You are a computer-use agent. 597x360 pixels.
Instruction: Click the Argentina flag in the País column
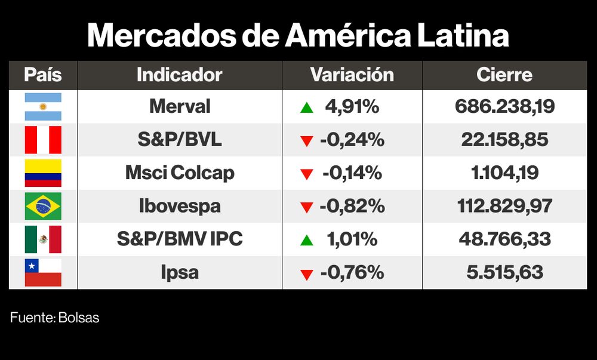click(42, 107)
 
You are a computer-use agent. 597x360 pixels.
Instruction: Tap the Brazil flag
click(42, 207)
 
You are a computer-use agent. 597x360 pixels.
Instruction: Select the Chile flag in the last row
click(42, 273)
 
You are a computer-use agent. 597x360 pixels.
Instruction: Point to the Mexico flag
click(42, 239)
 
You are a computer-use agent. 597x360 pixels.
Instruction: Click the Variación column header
click(352, 75)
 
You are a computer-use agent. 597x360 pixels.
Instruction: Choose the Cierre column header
click(504, 75)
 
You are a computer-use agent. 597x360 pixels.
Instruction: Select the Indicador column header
click(179, 75)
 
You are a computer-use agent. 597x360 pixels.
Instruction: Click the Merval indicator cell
click(180, 107)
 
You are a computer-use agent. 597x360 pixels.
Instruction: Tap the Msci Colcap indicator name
click(180, 173)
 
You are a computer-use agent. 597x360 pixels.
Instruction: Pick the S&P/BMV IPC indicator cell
click(180, 239)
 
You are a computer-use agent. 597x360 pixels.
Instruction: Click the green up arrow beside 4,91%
click(307, 108)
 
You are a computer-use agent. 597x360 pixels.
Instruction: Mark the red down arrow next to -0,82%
click(307, 208)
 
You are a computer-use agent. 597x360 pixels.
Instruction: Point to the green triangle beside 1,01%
click(307, 241)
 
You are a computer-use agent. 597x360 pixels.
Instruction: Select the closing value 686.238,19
click(504, 107)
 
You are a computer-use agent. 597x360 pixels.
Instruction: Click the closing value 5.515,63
click(504, 273)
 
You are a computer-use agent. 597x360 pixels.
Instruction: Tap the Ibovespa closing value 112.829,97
click(504, 207)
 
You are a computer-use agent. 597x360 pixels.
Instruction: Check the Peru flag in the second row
click(42, 140)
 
